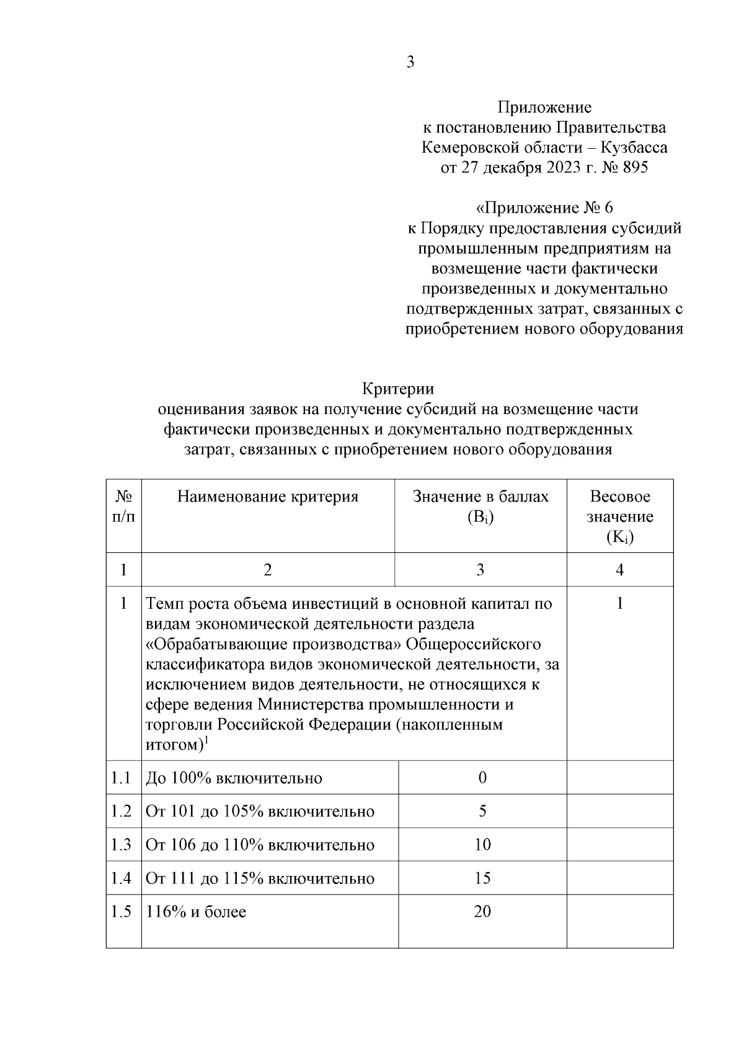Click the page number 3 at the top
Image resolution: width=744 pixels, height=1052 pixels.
pos(410,62)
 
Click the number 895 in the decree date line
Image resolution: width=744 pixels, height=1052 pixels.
pos(633,167)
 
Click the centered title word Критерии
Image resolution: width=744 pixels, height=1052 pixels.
pos(398,389)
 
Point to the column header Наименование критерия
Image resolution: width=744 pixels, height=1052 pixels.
pos(268,497)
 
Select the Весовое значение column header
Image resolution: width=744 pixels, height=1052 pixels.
pos(619,516)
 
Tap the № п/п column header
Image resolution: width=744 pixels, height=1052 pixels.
pos(123,506)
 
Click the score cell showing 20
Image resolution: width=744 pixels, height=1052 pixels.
pos(482,911)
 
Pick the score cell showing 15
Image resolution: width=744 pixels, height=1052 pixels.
pos(482,878)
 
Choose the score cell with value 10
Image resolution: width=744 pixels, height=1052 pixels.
pos(482,844)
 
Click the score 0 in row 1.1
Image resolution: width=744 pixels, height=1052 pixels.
pos(482,777)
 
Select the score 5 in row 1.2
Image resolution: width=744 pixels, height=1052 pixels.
pos(482,811)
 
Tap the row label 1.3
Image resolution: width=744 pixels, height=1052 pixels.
pos(121,844)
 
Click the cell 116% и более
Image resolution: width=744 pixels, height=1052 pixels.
pos(196,912)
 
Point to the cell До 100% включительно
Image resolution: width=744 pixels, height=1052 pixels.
pos(234,778)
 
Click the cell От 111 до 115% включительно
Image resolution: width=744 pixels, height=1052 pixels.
pos(260,878)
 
